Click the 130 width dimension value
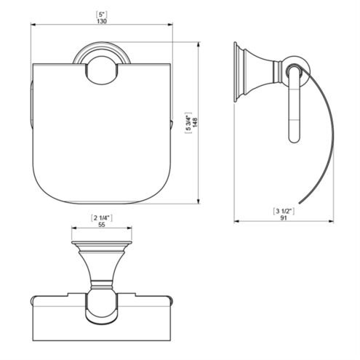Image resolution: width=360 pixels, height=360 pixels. tap(102, 21)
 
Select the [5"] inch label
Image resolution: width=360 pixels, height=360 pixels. tap(102, 15)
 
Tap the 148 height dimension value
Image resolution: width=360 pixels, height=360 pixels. tap(195, 122)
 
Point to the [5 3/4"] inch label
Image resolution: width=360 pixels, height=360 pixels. tap(188, 123)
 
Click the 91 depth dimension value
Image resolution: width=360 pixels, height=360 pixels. tap(284, 217)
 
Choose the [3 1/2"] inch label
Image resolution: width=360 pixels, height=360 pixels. tap(284, 211)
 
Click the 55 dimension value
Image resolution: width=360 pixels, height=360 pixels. tap(102, 225)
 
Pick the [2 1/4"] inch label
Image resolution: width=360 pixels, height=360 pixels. tap(102, 218)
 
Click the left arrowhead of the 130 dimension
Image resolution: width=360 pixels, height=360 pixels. tap(33, 24)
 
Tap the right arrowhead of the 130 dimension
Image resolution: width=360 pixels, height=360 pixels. tap(170, 24)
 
